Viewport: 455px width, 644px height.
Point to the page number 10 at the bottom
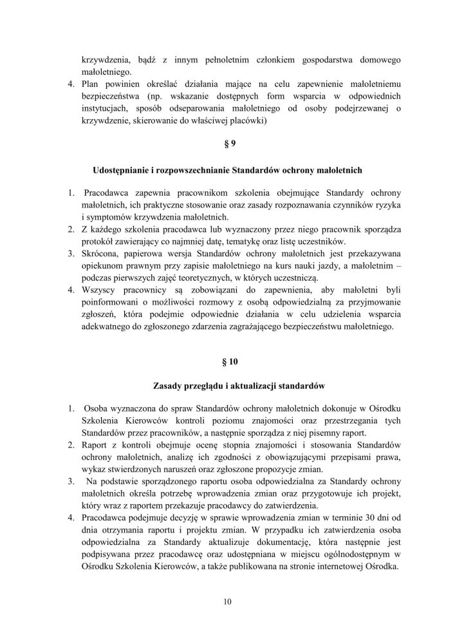[228, 601]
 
